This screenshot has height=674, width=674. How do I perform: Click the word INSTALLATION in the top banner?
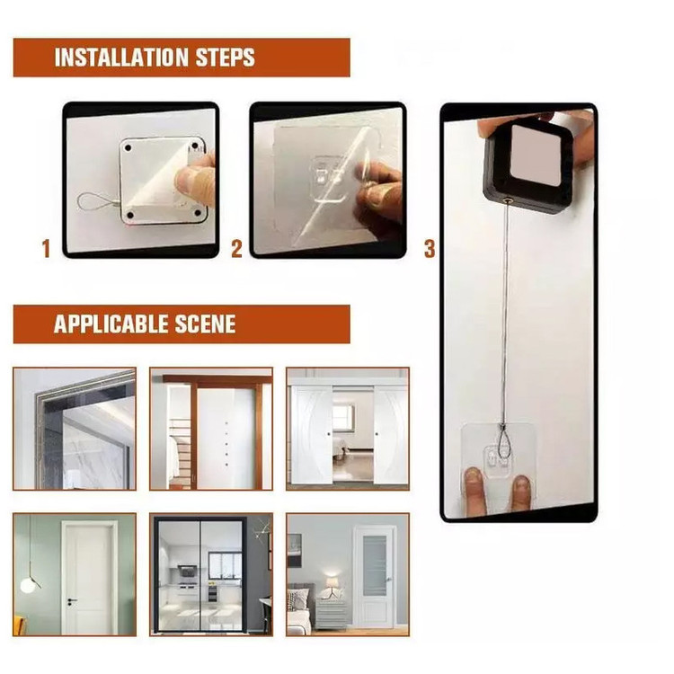tap(121, 58)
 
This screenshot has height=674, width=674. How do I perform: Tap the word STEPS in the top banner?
tap(226, 58)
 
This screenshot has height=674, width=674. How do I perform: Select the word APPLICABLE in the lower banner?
tap(111, 324)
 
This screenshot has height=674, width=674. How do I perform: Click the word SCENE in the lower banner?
tap(206, 324)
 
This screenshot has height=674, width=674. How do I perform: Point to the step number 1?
tap(46, 249)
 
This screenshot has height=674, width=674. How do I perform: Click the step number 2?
tap(237, 249)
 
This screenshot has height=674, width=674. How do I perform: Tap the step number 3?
tap(430, 249)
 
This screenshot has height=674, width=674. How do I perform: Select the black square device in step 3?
tap(529, 169)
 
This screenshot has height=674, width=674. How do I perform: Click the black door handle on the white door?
tap(71, 600)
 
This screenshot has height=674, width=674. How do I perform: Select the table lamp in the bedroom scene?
tap(332, 588)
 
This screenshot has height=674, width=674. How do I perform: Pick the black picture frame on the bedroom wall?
tap(294, 550)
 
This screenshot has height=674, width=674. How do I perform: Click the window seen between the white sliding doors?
tap(343, 419)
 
